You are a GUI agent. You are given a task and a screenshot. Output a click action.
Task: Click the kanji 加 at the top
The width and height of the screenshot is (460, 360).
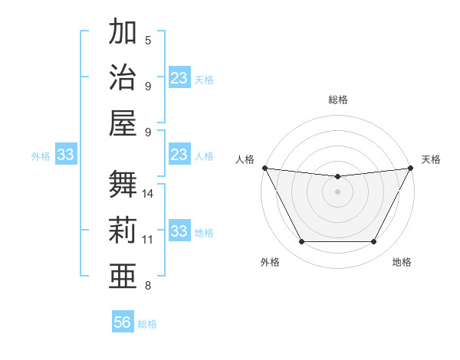click(123, 32)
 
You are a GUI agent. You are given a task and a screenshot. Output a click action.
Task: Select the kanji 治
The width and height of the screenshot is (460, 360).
click(123, 78)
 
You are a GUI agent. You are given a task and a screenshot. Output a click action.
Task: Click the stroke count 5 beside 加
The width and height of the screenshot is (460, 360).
click(148, 40)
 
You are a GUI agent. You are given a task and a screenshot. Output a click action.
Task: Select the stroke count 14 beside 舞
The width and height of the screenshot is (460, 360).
click(149, 194)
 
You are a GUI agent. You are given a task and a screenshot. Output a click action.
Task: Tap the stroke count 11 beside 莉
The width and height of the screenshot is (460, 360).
click(148, 240)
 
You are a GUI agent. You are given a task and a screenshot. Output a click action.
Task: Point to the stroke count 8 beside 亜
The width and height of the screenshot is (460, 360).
click(148, 286)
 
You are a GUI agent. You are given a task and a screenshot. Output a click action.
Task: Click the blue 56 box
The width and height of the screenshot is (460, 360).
click(123, 322)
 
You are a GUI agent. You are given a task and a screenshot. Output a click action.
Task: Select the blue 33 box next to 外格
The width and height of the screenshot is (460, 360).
click(66, 155)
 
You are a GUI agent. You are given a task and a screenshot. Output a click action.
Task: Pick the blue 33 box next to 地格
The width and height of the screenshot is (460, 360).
click(179, 232)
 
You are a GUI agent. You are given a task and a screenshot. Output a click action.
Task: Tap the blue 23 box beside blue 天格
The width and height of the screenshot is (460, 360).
click(179, 78)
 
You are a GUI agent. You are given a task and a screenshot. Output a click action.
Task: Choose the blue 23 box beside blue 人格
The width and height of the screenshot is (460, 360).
click(179, 155)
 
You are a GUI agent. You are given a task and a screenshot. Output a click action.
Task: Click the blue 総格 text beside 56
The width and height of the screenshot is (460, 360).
click(147, 324)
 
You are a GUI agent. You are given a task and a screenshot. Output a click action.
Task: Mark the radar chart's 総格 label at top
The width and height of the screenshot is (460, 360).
click(337, 100)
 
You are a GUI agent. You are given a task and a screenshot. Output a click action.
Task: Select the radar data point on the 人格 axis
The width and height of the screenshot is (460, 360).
click(265, 168)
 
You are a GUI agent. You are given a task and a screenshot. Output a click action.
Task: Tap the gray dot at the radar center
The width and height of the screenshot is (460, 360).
click(337, 191)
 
